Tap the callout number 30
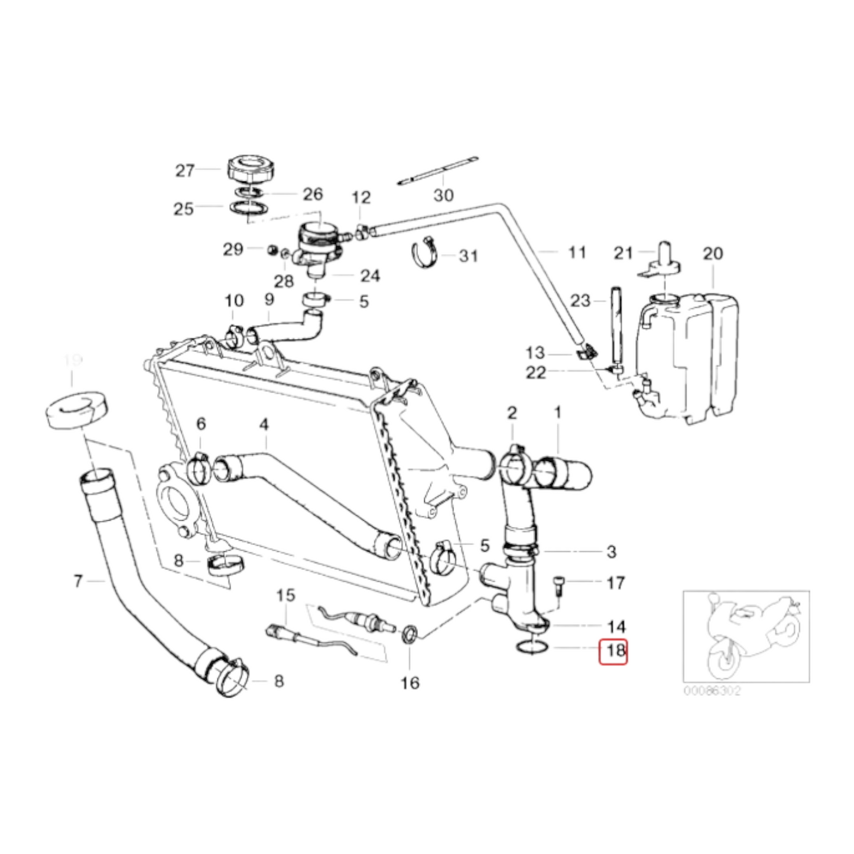pos(443,194)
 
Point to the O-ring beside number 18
pos(531,648)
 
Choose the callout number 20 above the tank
pos(713,254)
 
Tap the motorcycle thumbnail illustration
pos(746,636)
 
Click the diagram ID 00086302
pos(712,690)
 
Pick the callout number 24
pos(370,275)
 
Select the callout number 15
pos(285,595)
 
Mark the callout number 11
pos(576,252)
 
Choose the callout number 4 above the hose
pos(264,424)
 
